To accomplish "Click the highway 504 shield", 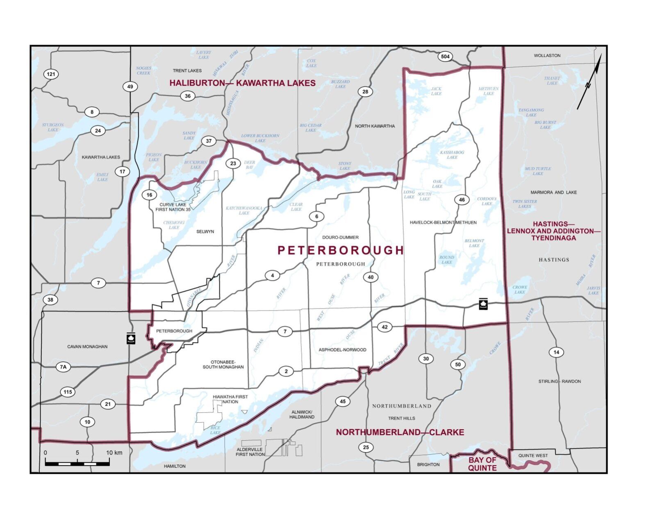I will tap(445, 57).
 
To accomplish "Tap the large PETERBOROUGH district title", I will tap(341, 250).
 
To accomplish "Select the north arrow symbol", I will tap(590, 82).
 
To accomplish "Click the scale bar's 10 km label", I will tap(114, 453).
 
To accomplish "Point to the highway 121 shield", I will tap(51, 74).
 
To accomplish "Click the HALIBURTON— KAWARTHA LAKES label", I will tap(242, 83).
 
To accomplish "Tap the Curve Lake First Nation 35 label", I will tap(173, 207).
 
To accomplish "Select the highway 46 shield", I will tap(462, 200).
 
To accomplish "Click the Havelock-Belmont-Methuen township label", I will tap(443, 222).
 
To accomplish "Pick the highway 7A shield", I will tap(63, 367).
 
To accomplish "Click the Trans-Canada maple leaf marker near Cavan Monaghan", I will tap(131, 338).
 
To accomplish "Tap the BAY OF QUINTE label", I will tap(482, 464).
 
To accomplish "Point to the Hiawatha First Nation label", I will tap(230, 399).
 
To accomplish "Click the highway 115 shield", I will tap(68, 392).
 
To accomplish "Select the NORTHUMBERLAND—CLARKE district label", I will tap(400, 432).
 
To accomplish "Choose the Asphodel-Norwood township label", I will tap(342, 350).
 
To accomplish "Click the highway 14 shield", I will tap(556, 352).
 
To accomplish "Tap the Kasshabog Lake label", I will tap(452, 155).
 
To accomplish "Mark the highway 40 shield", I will tap(371, 277).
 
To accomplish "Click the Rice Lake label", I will tap(215, 430).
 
